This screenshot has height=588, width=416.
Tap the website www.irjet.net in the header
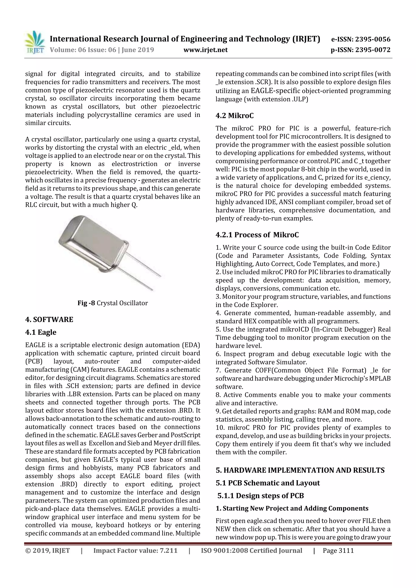click(205, 50)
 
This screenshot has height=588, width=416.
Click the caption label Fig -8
click(86, 303)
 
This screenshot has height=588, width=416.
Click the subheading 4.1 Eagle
click(41, 332)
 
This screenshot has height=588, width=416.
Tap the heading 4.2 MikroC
click(235, 116)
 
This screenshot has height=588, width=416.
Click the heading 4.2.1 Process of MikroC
click(257, 235)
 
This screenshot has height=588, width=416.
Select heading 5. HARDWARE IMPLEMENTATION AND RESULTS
click(300, 470)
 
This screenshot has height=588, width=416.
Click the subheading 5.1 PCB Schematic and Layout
click(268, 483)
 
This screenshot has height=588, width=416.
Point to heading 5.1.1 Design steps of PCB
click(260, 496)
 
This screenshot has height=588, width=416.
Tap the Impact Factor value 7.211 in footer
click(168, 551)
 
